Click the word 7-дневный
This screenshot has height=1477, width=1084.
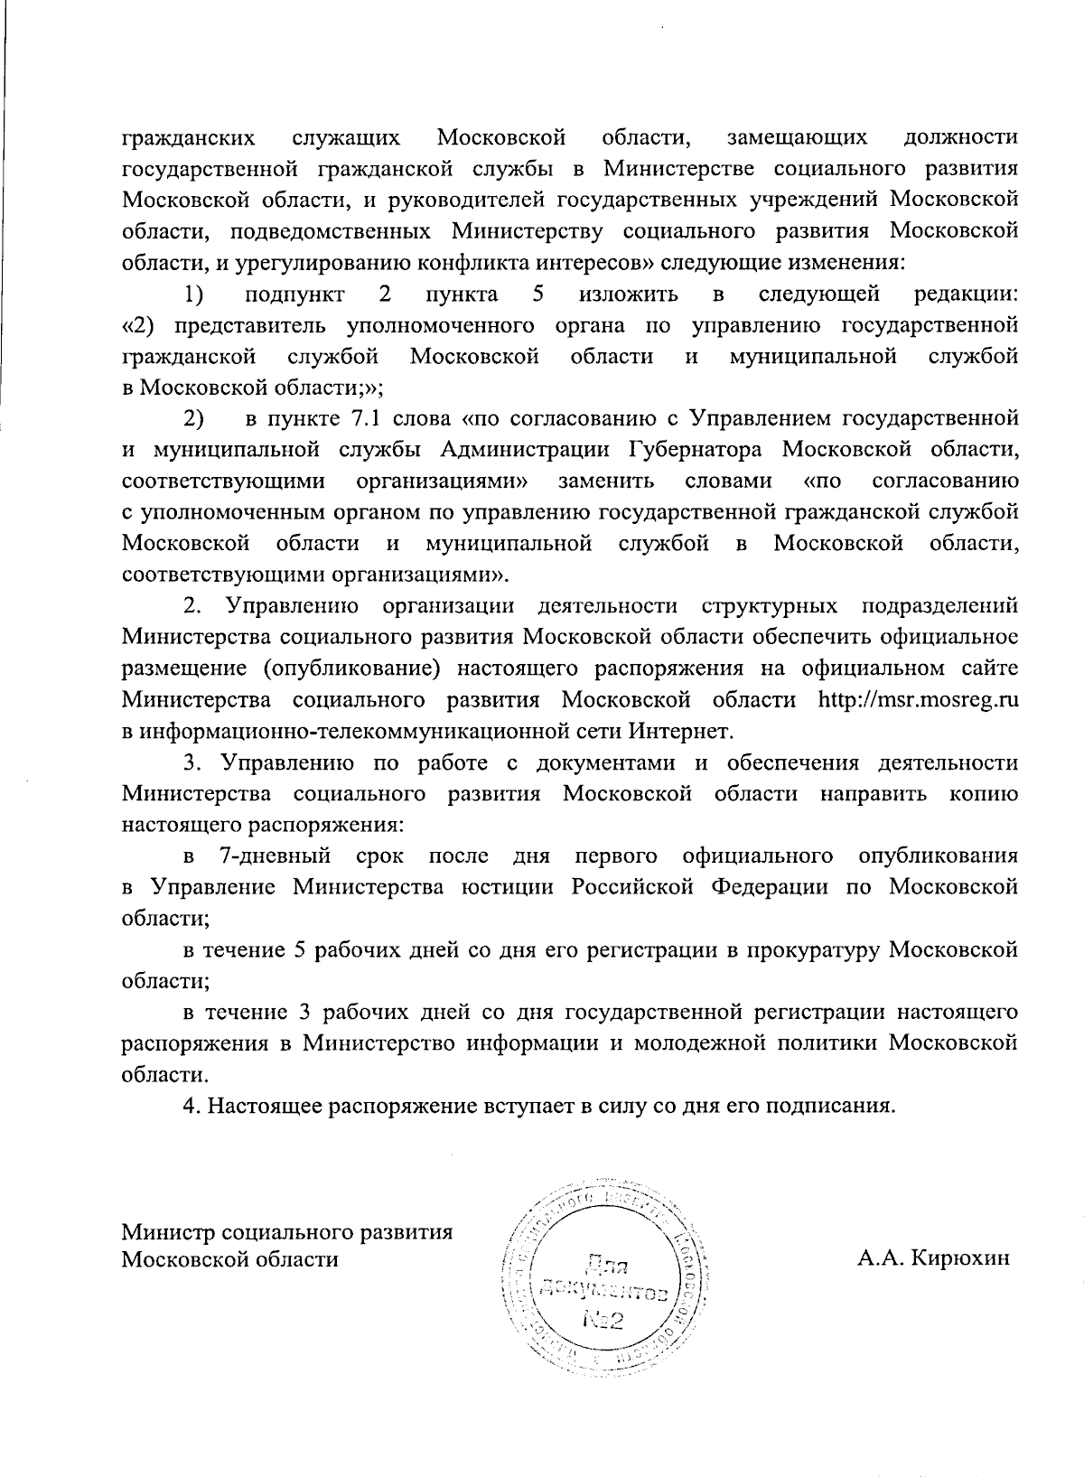276,855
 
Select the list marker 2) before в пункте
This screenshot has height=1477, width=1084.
194,418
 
